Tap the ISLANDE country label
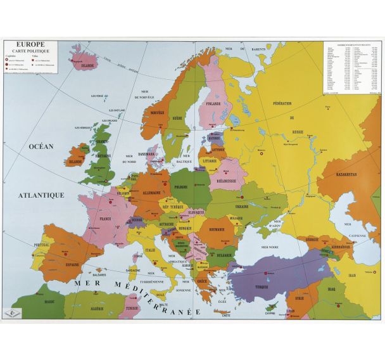click(x=87, y=65)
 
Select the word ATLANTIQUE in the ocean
click(x=42, y=196)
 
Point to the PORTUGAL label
click(x=42, y=245)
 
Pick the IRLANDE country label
click(x=75, y=162)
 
